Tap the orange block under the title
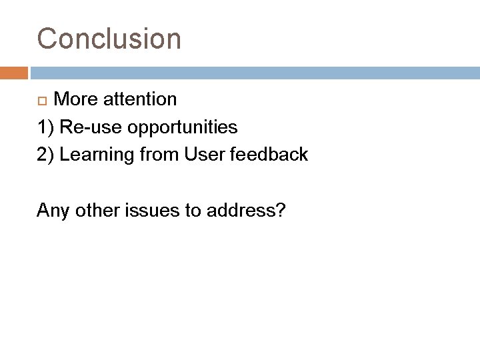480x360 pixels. [x=13, y=71]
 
